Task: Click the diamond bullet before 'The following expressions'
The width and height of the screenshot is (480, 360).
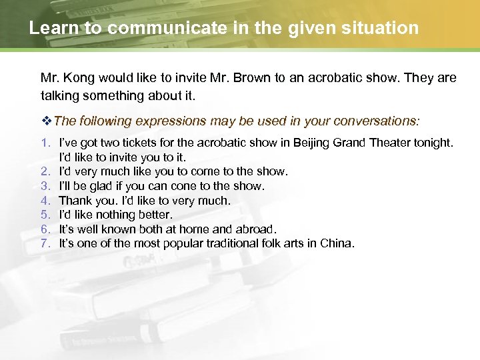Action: pos(46,121)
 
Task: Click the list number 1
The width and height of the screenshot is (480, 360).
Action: pos(45,143)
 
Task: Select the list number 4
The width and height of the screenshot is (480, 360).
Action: pos(45,200)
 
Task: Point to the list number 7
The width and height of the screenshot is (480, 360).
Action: pos(45,243)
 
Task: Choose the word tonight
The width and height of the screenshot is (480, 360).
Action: pos(432,143)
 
